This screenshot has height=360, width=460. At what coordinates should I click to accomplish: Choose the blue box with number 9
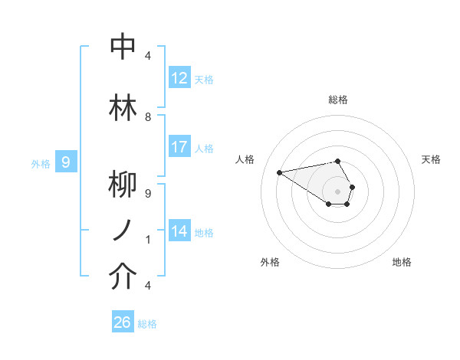click(x=66, y=162)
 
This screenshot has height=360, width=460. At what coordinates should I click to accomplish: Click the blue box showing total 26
click(x=123, y=322)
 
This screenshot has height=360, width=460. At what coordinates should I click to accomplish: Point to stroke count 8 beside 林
click(x=148, y=117)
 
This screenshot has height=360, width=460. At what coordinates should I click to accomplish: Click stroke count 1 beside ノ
click(x=148, y=240)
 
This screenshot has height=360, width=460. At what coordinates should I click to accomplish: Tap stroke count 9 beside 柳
click(x=148, y=194)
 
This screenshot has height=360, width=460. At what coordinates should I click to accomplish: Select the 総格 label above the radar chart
click(x=338, y=100)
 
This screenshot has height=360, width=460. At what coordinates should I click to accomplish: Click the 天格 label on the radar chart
click(x=432, y=159)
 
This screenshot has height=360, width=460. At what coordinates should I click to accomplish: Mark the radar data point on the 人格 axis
click(x=279, y=172)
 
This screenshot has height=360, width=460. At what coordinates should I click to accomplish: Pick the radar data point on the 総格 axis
click(x=337, y=161)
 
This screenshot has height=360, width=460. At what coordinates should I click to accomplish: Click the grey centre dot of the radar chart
click(x=337, y=191)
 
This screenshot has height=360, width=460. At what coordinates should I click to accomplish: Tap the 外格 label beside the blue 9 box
click(x=40, y=163)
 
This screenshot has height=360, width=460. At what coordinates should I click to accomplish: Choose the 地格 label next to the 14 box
click(x=204, y=232)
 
